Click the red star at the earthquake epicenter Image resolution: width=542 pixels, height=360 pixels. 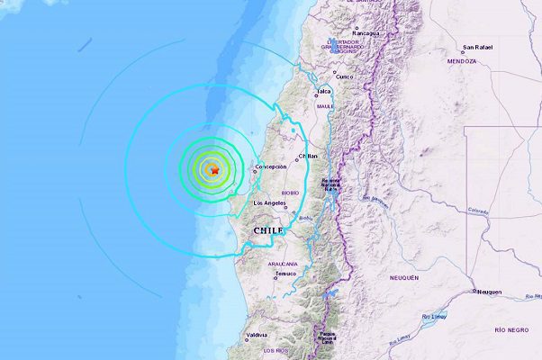point(214,169)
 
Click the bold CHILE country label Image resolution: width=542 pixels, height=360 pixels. point(268,231)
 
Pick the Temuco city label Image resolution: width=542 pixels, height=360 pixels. point(286,274)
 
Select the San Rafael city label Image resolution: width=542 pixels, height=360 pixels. point(477,48)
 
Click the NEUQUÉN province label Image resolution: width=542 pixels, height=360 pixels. point(405,278)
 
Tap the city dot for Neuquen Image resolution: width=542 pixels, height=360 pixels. point(474,292)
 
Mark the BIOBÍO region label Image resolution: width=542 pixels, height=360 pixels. point(290,192)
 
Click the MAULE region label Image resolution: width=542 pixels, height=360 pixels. point(325,105)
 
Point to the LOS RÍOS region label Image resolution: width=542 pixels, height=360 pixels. point(275,349)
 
